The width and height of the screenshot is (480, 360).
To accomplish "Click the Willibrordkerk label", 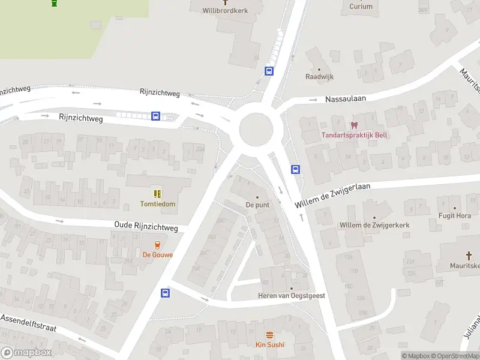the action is pyautogui.click(x=225, y=11).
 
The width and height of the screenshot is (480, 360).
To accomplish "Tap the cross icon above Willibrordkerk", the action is pyautogui.click(x=226, y=2).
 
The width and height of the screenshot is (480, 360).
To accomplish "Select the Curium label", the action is pyautogui.click(x=361, y=7).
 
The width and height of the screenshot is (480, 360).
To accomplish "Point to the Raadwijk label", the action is pyautogui.click(x=319, y=77).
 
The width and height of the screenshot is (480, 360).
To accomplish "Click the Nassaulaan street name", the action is pyautogui.click(x=346, y=98).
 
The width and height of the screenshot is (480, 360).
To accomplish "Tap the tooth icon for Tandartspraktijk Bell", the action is pyautogui.click(x=354, y=125).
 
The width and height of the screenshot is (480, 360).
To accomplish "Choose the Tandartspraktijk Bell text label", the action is pyautogui.click(x=354, y=135).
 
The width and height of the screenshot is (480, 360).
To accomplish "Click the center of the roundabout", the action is pyautogui.click(x=256, y=129).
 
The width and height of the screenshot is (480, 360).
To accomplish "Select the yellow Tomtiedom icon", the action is pyautogui.click(x=158, y=194).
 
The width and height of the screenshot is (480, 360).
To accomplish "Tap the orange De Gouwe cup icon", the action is pyautogui.click(x=158, y=245).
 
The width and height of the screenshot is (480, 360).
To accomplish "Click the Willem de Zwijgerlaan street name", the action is pyautogui.click(x=332, y=196).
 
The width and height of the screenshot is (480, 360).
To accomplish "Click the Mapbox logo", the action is pyautogui.click(x=26, y=353).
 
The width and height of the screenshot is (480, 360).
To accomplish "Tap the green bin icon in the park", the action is pyautogui.click(x=55, y=3).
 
